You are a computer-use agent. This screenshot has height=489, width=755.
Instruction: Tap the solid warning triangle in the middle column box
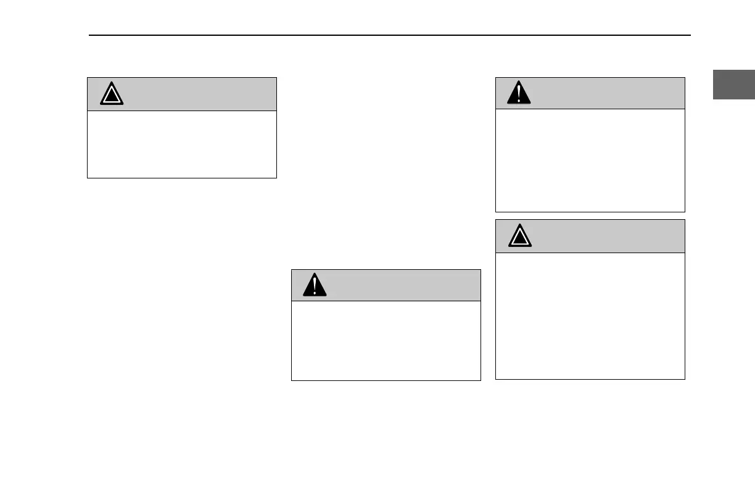pos(315,285)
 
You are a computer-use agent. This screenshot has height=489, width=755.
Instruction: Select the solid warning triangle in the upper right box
pos(519,93)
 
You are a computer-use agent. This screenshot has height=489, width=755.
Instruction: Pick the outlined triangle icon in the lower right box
pos(522,236)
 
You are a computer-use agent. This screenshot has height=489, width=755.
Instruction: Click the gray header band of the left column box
pos(197,94)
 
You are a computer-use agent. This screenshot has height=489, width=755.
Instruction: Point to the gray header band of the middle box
pos(401,285)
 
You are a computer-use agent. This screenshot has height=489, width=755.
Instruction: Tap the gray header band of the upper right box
pos(604,93)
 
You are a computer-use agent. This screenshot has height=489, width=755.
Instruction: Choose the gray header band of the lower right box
pos(604,236)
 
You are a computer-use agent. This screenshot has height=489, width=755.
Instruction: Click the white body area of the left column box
pos(182,144)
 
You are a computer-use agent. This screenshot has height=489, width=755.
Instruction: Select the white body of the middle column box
pos(386,340)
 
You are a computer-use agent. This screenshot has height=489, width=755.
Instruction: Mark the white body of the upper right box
pos(590,161)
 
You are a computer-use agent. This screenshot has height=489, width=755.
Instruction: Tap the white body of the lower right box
pos(590,316)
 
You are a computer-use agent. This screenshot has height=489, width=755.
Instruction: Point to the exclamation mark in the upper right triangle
pos(519,94)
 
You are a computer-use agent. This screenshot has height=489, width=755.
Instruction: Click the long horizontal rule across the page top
pos(389,35)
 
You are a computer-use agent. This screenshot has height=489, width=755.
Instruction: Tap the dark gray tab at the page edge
pos(734,84)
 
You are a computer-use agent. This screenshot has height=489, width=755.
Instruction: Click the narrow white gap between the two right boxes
pos(590,215)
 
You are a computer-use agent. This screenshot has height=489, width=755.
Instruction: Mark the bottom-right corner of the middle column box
pos(480,380)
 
